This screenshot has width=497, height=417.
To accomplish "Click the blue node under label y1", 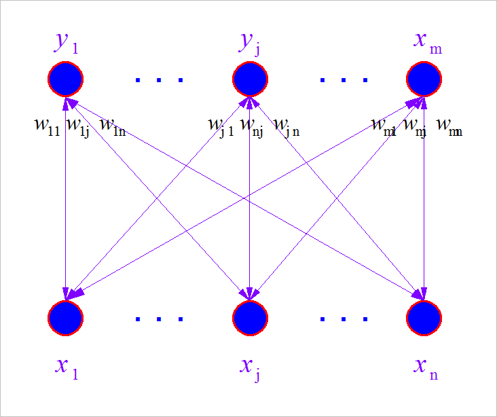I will tap(65, 79).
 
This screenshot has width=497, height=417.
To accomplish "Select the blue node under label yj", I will tap(251, 79).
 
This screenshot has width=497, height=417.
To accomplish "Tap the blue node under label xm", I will tap(424, 79).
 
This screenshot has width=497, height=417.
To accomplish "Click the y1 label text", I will tap(67, 43).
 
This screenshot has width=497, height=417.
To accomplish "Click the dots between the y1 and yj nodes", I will tap(159, 79).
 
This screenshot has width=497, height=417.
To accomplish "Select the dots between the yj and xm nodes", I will tap(344, 79).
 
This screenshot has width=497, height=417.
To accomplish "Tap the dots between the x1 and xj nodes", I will tap(159, 318).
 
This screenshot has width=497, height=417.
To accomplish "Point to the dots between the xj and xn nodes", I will tap(344, 318).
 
